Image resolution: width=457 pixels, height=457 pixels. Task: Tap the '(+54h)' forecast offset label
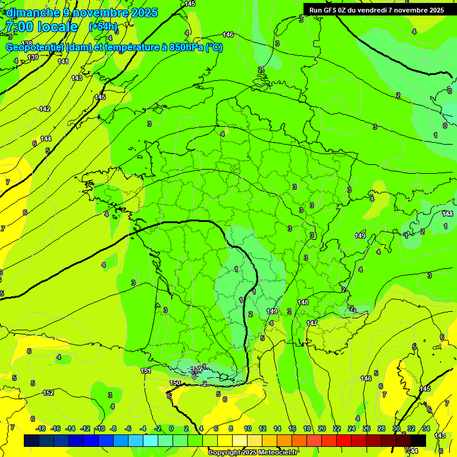pos(103,27)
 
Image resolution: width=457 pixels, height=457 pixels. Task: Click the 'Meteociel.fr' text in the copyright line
pos(274,452)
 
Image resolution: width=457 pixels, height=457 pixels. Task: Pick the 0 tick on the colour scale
pos(171,429)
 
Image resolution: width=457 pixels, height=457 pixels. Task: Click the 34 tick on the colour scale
pos(426,429)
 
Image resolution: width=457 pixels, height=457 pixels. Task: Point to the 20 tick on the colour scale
pos(321,429)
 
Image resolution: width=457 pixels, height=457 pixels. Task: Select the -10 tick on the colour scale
pos(99,429)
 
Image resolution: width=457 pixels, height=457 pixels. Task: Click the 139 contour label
pos(33,57)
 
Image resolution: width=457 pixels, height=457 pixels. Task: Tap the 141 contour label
pos(63,61)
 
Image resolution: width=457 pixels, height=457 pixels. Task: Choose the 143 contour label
pos(77,78)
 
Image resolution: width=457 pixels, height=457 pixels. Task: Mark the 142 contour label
pos(45,109)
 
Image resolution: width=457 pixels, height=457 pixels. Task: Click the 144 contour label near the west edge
pos(46,139)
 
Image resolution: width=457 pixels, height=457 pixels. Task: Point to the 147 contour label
pos(312,323)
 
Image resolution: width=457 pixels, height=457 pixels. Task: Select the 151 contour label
pos(146,371)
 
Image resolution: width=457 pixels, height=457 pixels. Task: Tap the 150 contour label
pos(175,383)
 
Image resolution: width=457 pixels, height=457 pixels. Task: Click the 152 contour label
pos(48,393)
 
